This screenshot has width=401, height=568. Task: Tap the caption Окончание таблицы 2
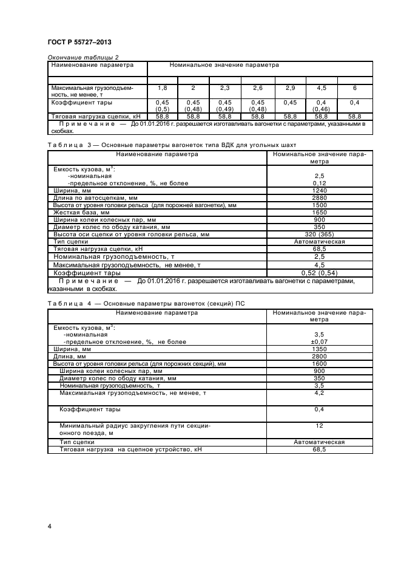[78, 58]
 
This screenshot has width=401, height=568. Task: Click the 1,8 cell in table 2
[162, 88]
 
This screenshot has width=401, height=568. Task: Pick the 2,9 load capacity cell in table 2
[290, 88]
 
